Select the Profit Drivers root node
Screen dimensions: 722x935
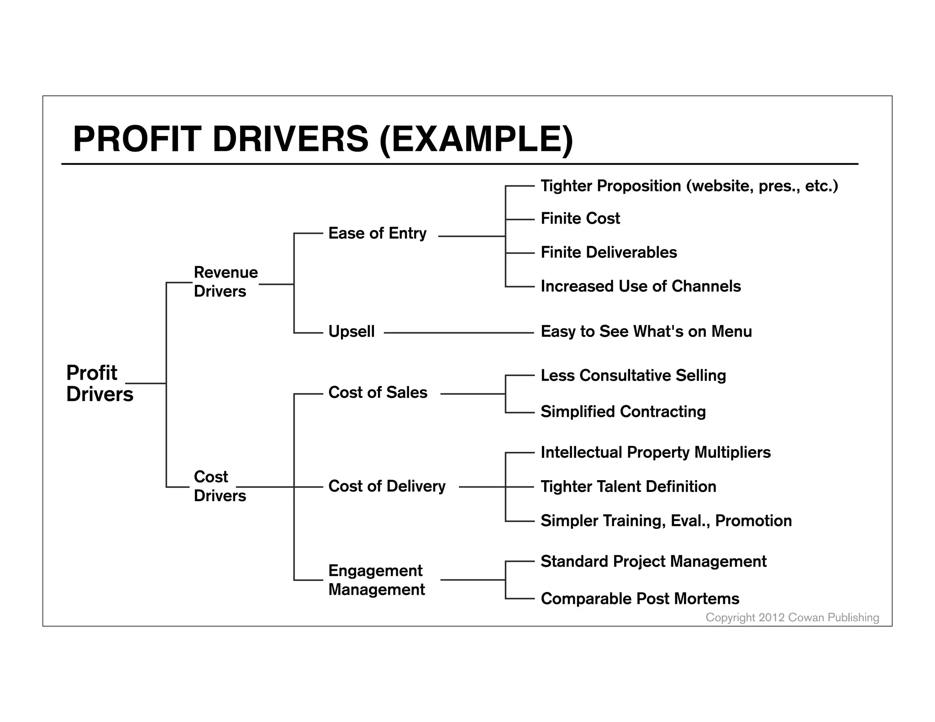click(x=99, y=383)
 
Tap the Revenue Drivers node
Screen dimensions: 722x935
click(x=226, y=282)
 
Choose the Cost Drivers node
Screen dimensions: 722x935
click(x=219, y=486)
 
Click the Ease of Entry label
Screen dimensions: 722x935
click(x=377, y=233)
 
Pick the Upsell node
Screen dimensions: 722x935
click(x=351, y=331)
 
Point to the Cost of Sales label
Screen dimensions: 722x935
click(x=378, y=392)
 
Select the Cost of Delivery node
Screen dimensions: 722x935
click(x=387, y=486)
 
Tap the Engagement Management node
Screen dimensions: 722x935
click(x=376, y=580)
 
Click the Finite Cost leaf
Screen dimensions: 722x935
click(x=580, y=219)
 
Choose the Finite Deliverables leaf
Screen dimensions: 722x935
click(x=609, y=252)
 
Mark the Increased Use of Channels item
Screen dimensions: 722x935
click(x=641, y=286)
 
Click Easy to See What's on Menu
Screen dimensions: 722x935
click(x=646, y=331)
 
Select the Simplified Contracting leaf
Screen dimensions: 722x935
click(x=623, y=412)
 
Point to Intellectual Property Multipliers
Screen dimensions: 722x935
click(x=656, y=452)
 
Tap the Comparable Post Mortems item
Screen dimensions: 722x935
click(x=640, y=599)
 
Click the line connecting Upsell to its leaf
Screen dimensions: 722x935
click(x=458, y=333)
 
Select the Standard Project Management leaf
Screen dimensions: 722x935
click(x=653, y=561)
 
